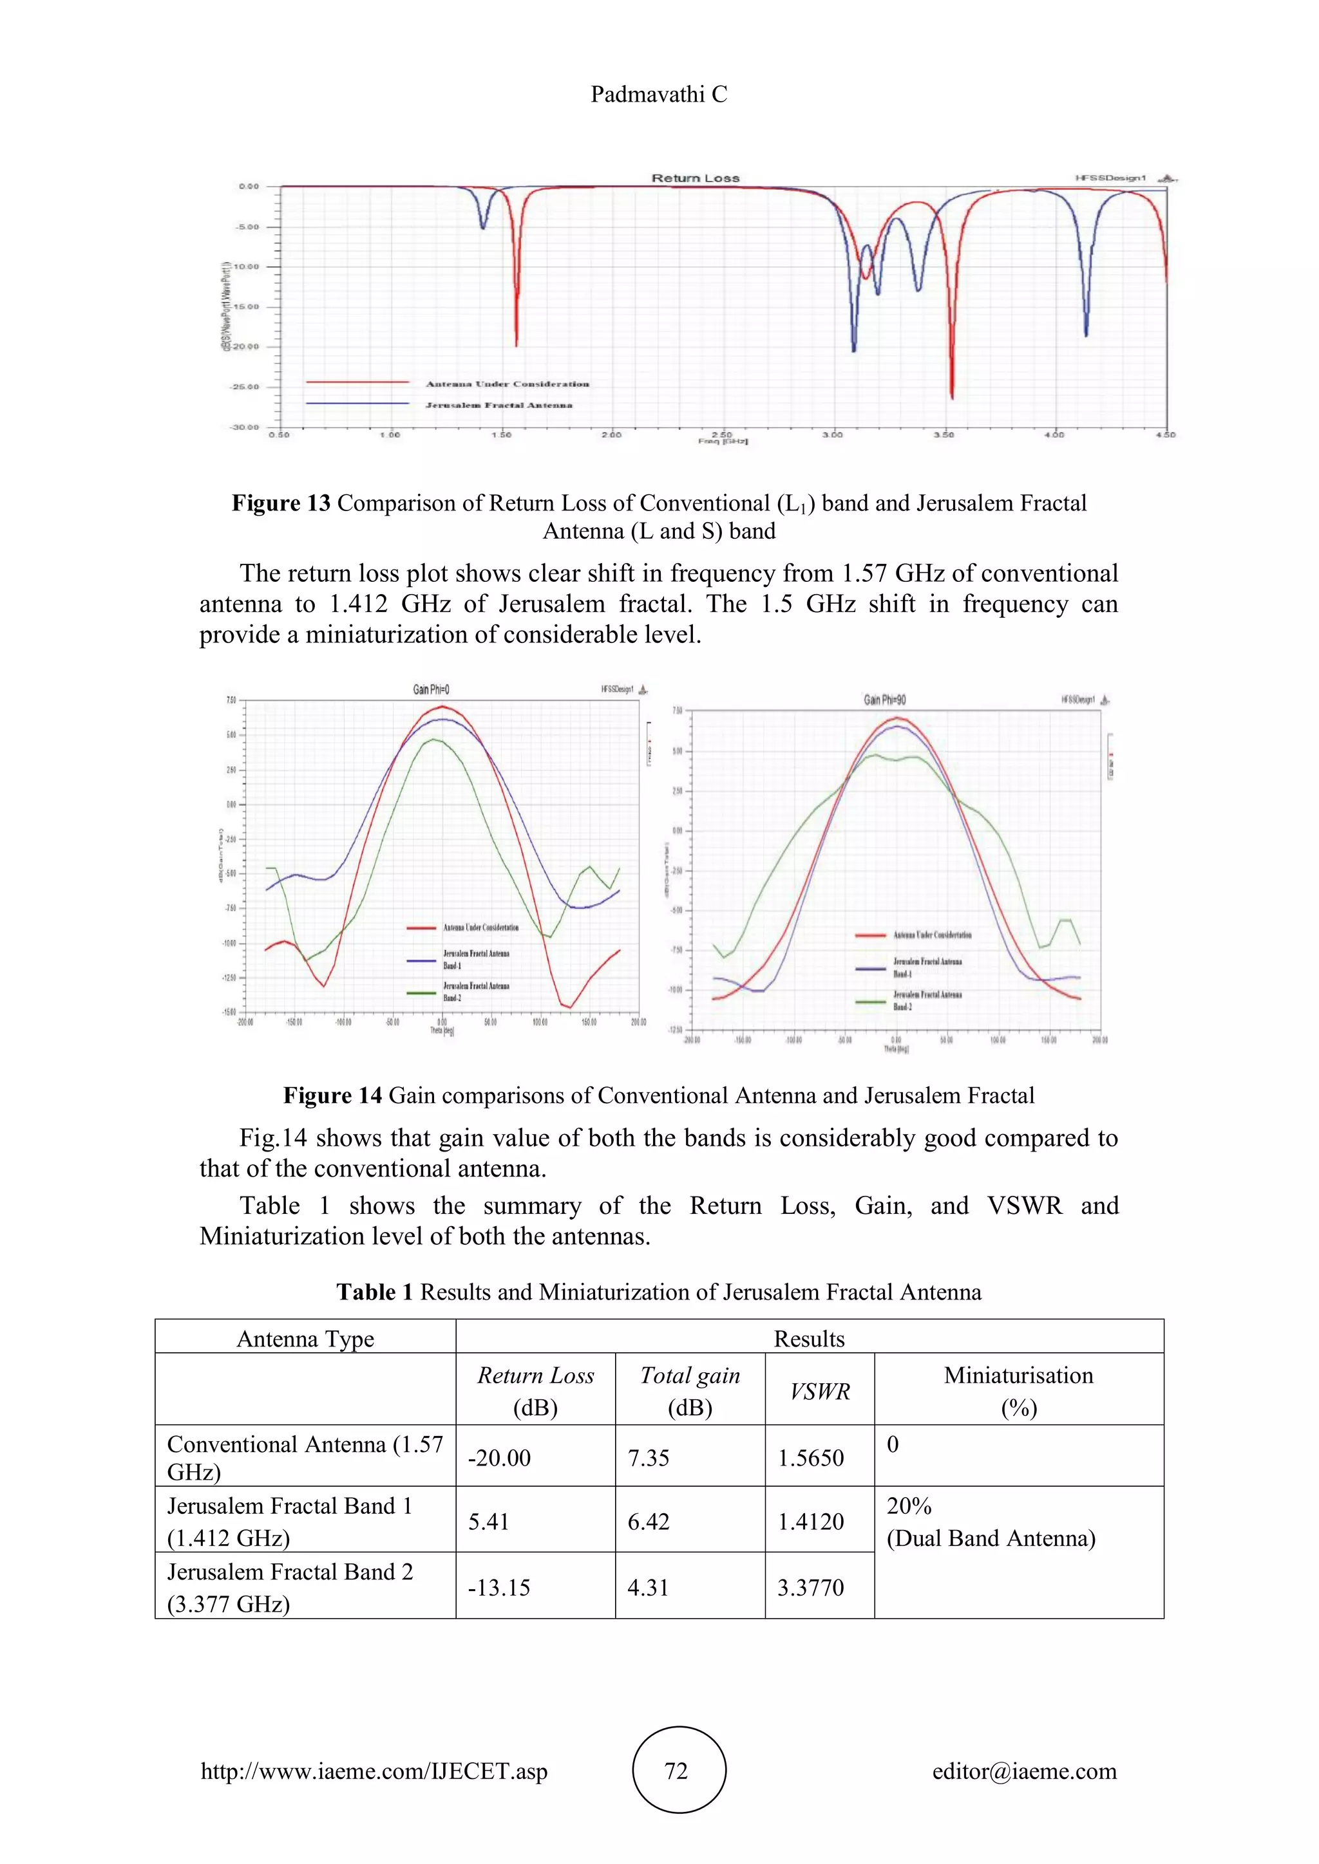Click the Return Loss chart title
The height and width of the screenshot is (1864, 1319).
point(695,178)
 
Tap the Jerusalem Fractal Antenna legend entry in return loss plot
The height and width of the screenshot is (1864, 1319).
point(498,404)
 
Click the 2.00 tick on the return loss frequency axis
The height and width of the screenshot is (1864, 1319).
point(611,435)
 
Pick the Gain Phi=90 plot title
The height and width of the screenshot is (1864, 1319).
point(884,699)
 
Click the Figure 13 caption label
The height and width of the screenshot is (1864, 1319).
point(281,503)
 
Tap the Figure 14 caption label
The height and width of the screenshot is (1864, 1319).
point(332,1095)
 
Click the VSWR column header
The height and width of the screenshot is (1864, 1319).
point(819,1392)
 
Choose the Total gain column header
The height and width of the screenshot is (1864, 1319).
point(690,1375)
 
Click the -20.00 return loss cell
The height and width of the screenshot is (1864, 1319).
point(498,1457)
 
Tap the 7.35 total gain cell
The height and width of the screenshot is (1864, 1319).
point(648,1457)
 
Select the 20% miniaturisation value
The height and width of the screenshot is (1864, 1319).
point(909,1506)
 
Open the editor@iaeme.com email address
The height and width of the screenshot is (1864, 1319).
point(1024,1771)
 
